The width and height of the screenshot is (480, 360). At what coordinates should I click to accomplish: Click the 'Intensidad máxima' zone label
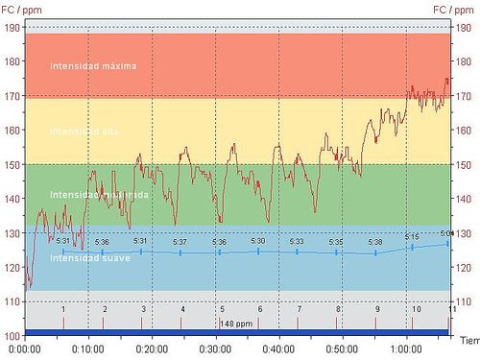click(93, 66)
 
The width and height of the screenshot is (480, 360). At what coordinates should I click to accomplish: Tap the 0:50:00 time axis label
click(343, 348)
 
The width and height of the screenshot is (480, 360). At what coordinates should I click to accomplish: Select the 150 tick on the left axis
click(12, 165)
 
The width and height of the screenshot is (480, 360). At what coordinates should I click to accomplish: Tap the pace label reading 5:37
click(180, 242)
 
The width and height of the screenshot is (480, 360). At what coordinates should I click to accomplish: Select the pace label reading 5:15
click(412, 236)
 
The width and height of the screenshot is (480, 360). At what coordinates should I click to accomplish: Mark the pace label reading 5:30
click(258, 241)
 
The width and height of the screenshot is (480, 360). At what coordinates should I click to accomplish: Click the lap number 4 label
click(182, 309)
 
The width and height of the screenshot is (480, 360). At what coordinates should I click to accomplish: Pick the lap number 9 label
click(377, 309)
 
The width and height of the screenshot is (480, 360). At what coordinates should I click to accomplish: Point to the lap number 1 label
click(63, 309)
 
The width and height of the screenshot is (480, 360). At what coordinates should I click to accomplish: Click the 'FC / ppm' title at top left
click(21, 9)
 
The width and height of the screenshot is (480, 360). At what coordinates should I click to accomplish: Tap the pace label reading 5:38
click(375, 243)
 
